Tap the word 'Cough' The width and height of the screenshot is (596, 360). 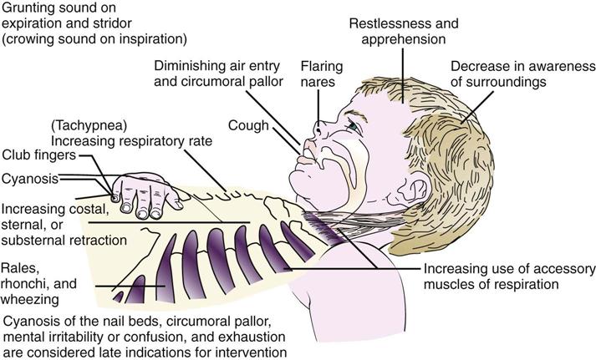[x=248, y=126]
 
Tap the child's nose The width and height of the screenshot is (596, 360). [x=319, y=127]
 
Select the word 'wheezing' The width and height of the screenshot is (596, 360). [x=29, y=297]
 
